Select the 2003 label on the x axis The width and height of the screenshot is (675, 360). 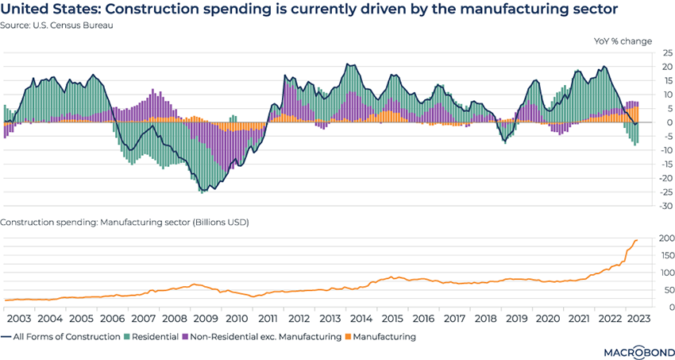click(19, 319)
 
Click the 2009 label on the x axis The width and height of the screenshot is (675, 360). click(204, 319)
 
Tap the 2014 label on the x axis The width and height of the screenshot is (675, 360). click(359, 319)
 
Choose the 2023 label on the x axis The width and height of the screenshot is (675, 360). click(638, 319)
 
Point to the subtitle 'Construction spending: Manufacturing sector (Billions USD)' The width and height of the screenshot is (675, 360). click(126, 222)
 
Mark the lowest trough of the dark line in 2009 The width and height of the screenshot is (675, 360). click(203, 192)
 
